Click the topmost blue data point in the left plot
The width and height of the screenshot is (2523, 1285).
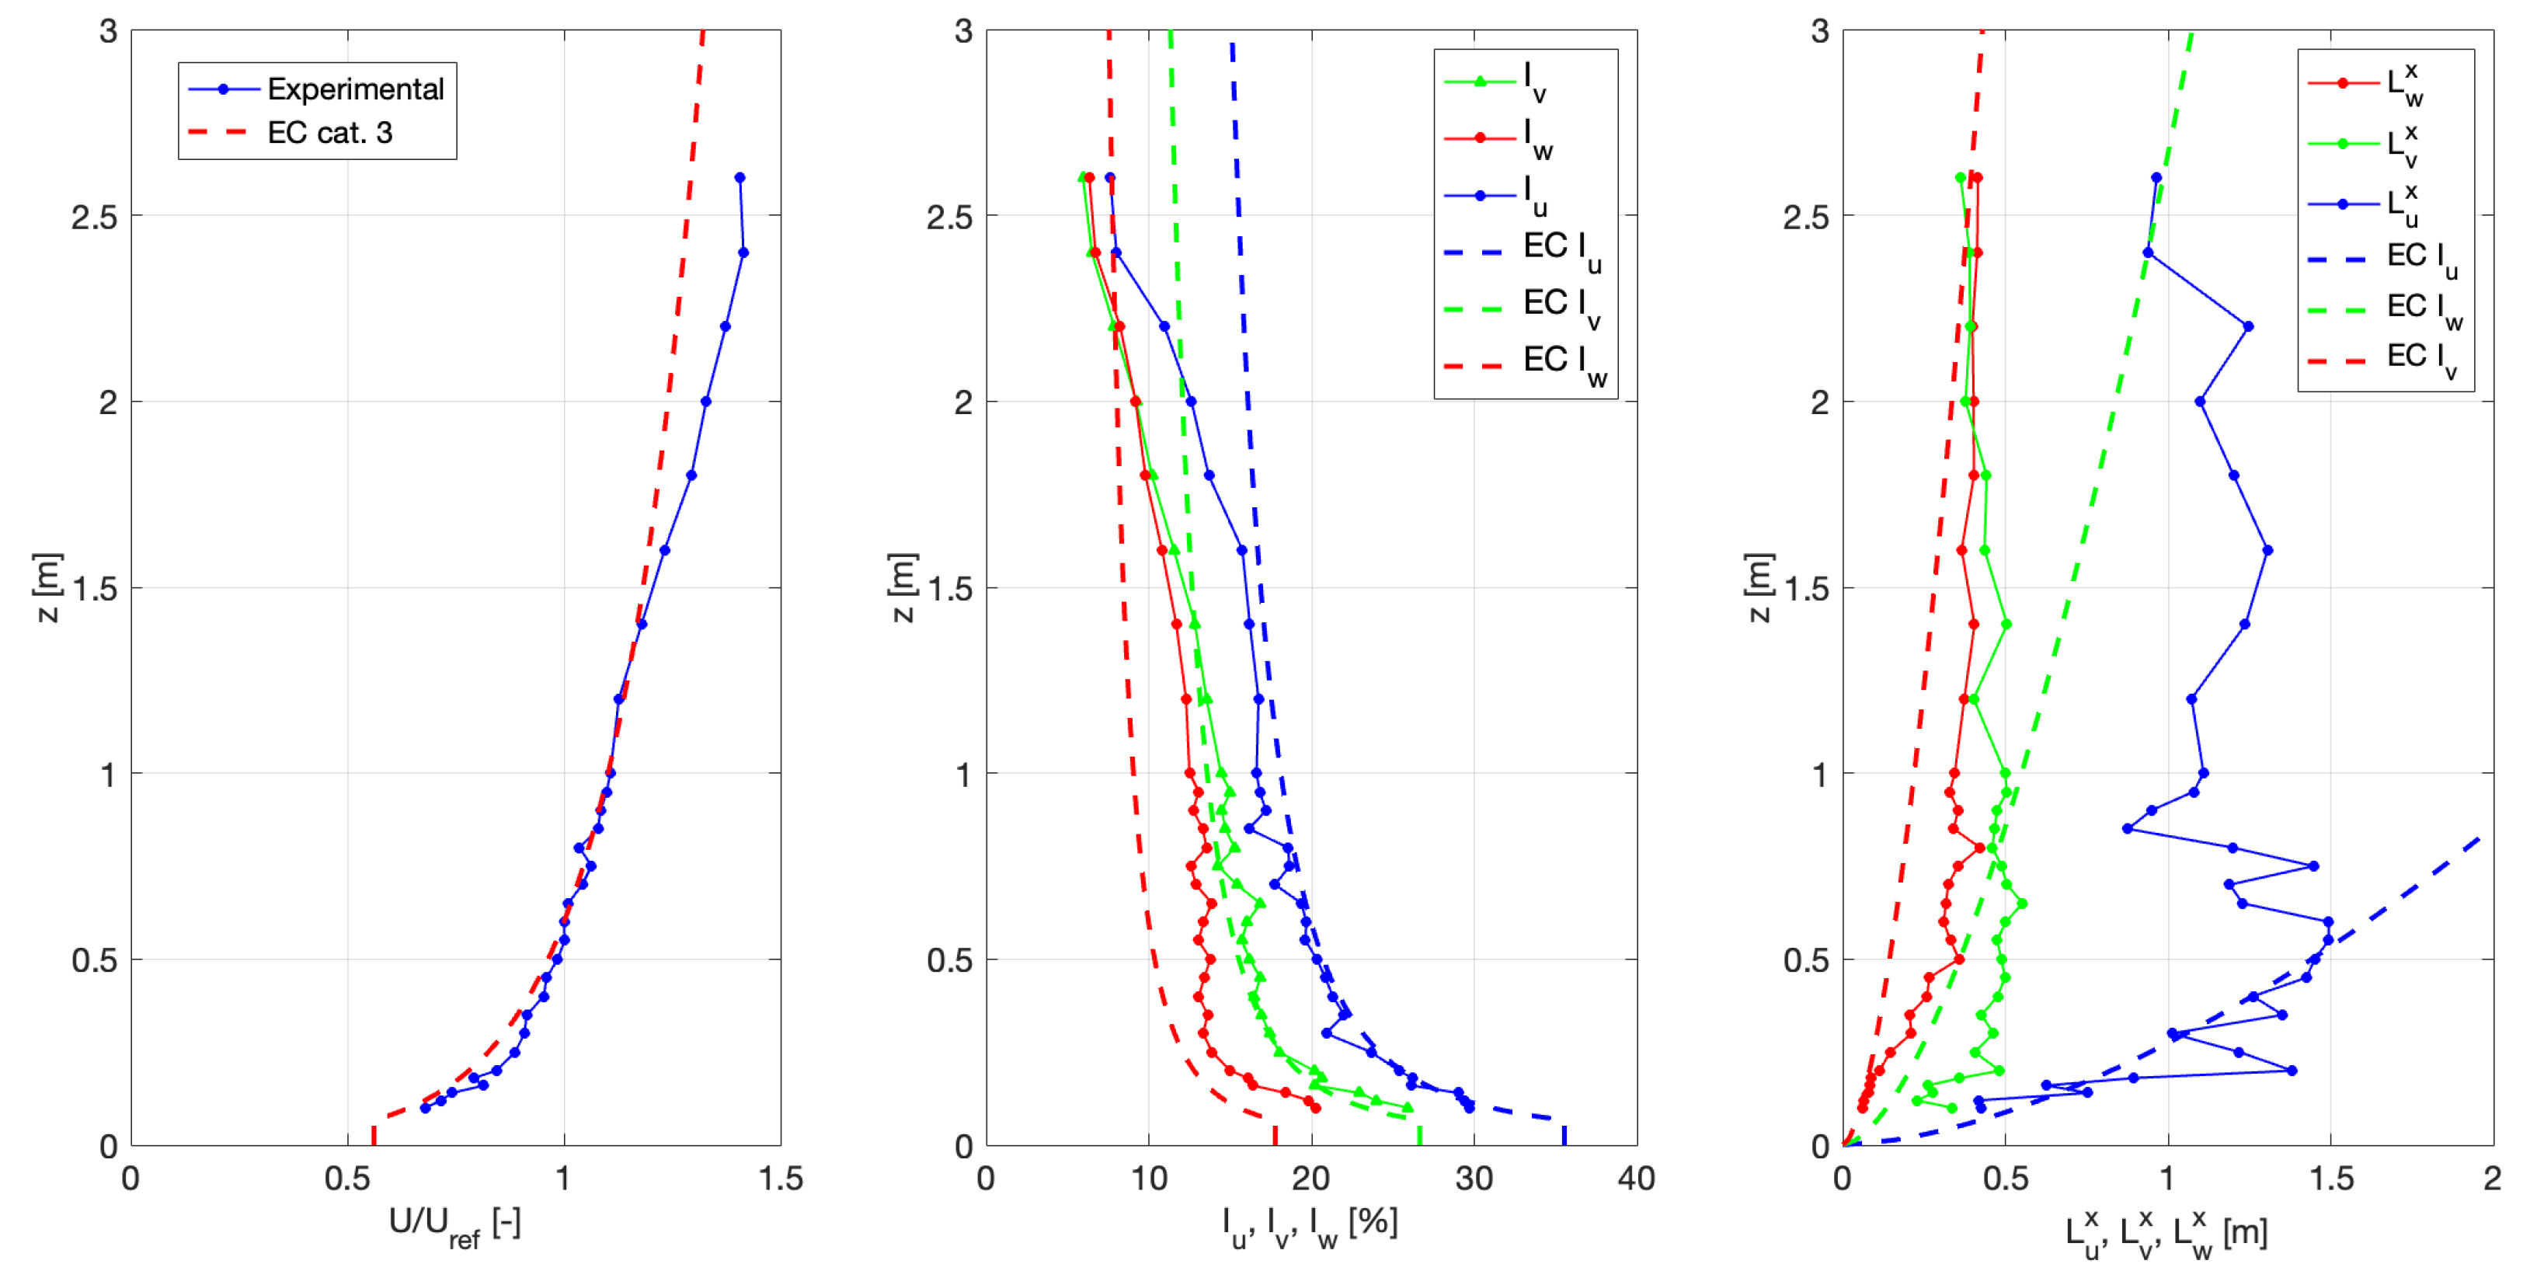pos(739,177)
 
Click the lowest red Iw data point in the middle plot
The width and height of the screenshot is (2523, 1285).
pos(1315,1108)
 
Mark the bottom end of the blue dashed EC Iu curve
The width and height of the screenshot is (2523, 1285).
pos(1564,1142)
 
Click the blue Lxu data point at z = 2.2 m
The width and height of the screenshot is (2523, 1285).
pos(2248,326)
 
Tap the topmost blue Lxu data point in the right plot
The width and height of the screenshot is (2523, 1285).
pos(2156,177)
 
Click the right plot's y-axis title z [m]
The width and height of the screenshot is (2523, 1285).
pos(1758,587)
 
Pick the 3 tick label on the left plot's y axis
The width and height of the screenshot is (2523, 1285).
pos(108,31)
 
